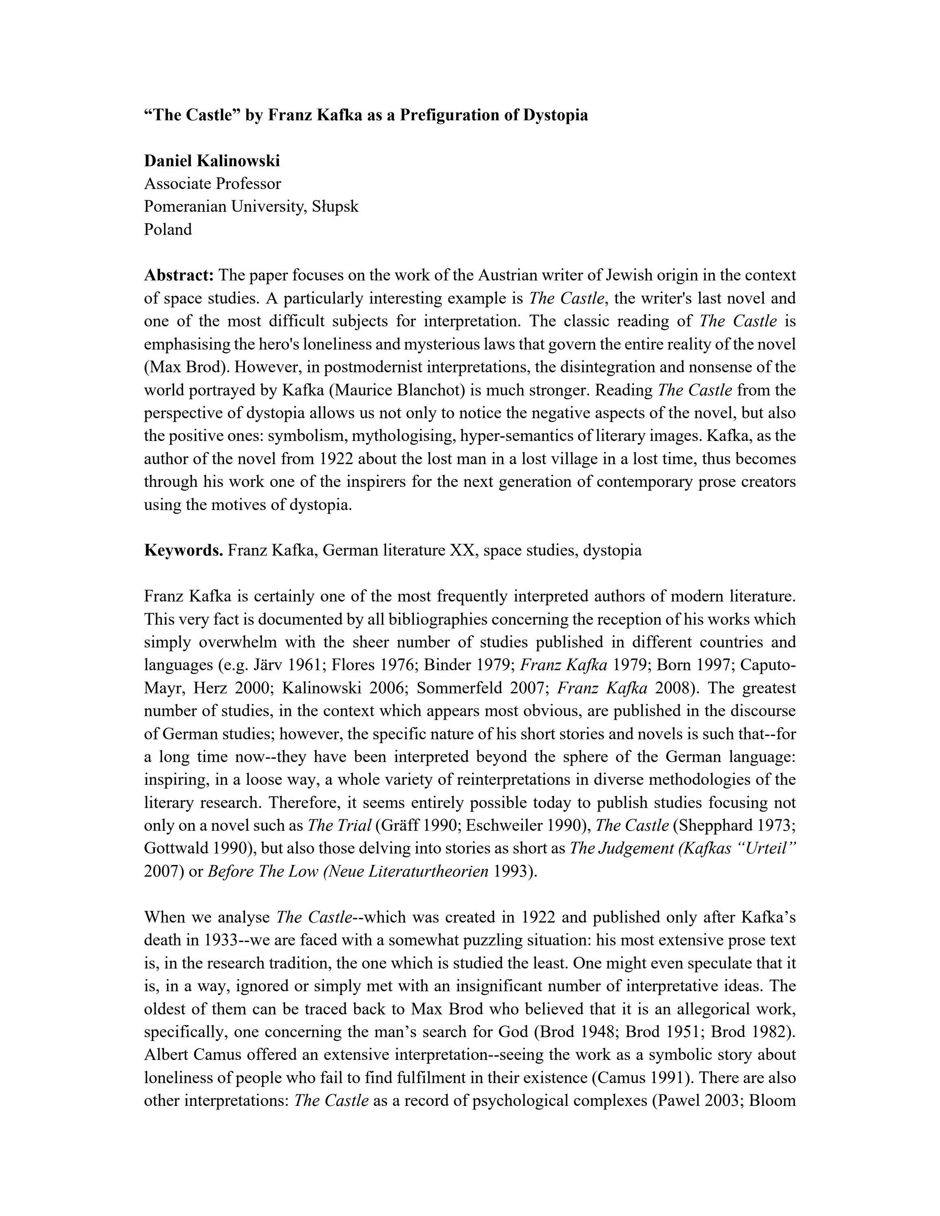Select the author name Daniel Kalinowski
[211, 161]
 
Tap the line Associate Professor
[212, 184]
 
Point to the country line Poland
[168, 229]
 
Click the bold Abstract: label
[179, 275]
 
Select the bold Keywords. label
[183, 550]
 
